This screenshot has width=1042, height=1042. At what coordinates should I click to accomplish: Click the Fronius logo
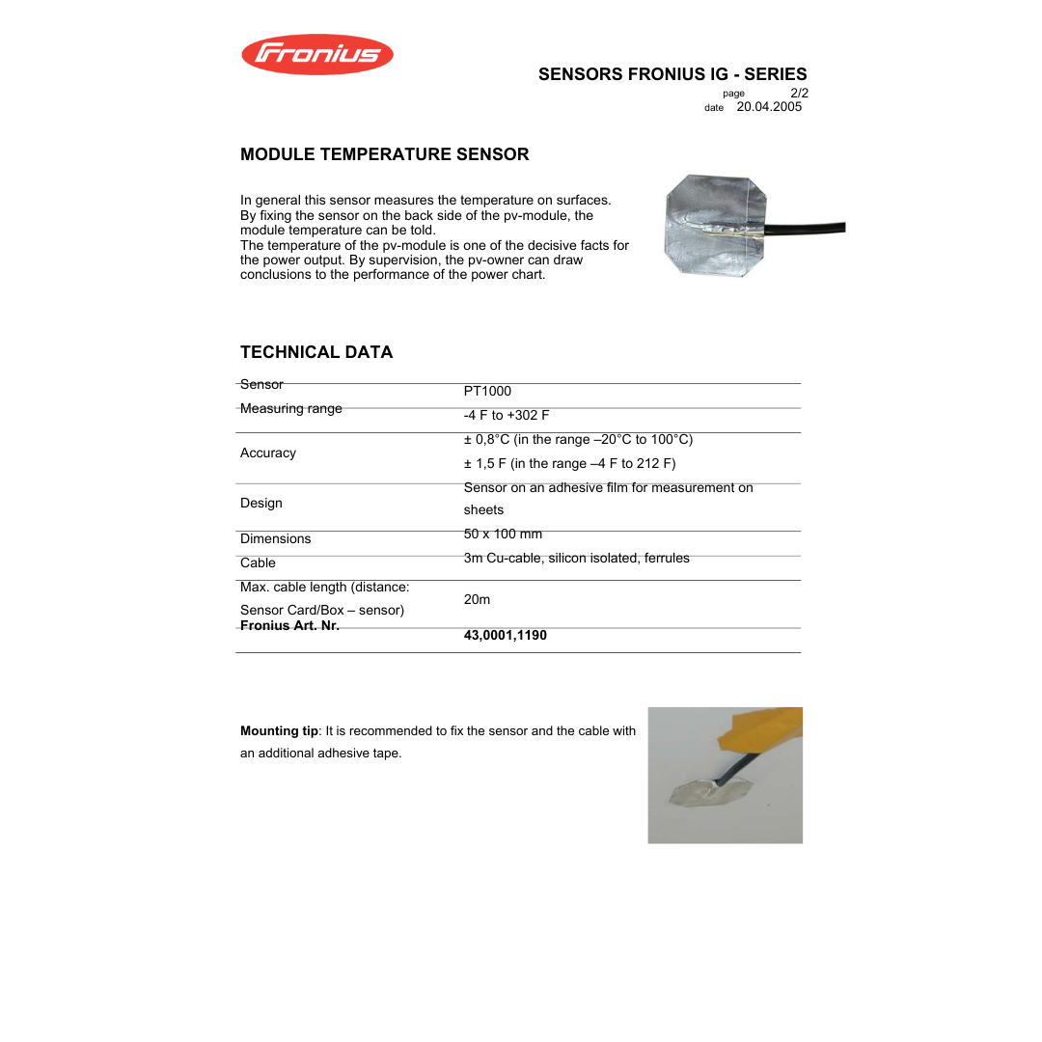tap(316, 54)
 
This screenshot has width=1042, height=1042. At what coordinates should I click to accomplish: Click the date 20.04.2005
tap(769, 107)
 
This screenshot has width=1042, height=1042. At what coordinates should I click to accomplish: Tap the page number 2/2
tap(798, 93)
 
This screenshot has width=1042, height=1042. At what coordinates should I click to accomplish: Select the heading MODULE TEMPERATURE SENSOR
tap(384, 154)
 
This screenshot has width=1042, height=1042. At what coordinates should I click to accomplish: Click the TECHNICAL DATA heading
tap(316, 352)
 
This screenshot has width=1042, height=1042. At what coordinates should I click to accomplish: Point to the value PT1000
tap(487, 391)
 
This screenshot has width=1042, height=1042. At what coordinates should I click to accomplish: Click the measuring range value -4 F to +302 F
tap(506, 415)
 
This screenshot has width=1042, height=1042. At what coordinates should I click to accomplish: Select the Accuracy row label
tap(268, 452)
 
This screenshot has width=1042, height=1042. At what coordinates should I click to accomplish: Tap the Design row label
tap(261, 503)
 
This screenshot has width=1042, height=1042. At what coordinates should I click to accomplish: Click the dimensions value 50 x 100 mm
tap(503, 534)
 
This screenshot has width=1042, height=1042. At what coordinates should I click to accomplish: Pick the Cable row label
tap(258, 562)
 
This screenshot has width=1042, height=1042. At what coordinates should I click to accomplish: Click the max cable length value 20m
tap(477, 599)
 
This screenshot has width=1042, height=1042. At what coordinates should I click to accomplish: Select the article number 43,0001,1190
tap(505, 635)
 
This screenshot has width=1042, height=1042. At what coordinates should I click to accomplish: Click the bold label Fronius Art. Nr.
tap(289, 625)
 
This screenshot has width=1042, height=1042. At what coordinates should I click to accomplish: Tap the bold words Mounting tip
tap(279, 730)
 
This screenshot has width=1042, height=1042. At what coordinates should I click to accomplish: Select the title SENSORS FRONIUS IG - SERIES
tap(672, 74)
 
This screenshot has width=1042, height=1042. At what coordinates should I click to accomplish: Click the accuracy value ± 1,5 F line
tap(569, 463)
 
